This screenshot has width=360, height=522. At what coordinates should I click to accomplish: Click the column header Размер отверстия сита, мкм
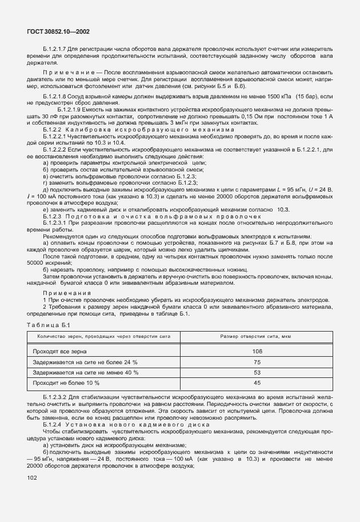[257, 336]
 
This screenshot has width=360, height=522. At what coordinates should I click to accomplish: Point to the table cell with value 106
[257, 352]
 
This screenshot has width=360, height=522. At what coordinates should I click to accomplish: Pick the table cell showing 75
[257, 362]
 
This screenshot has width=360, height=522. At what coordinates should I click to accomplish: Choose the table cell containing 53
[257, 373]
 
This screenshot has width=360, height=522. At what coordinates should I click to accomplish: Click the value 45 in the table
[257, 383]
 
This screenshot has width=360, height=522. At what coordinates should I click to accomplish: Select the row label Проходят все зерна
[60, 352]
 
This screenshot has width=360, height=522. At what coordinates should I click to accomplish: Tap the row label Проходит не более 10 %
[66, 383]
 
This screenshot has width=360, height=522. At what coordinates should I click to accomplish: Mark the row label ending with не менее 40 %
[85, 373]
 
